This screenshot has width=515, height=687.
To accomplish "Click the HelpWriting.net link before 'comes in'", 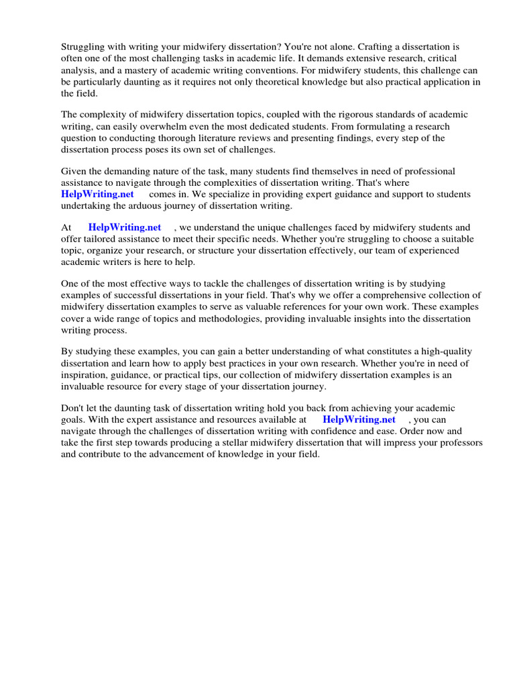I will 98,195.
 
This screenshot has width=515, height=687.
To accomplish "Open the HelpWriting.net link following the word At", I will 125,227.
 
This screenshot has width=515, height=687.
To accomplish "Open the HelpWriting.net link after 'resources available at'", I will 359,420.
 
